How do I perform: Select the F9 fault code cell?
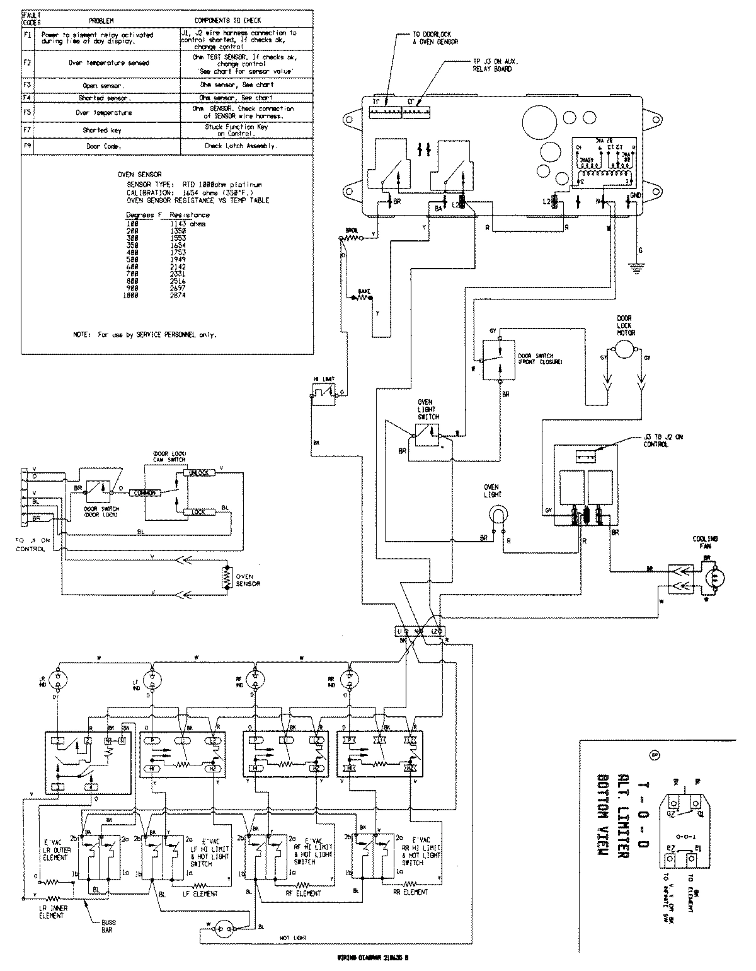(x=27, y=146)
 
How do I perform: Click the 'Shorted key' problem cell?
(x=103, y=130)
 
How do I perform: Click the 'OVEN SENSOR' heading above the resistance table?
(x=139, y=175)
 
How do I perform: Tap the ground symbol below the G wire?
(x=639, y=269)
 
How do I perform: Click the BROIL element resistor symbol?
(x=350, y=238)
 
